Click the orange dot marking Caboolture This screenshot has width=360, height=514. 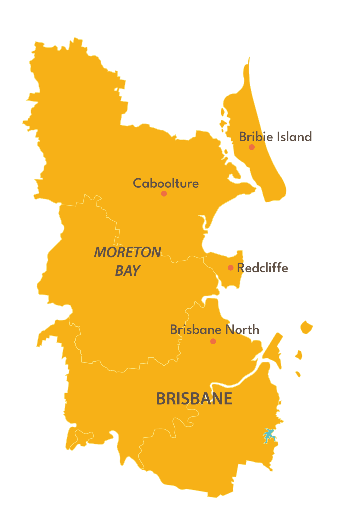(164, 193)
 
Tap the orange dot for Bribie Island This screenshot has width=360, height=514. (252, 147)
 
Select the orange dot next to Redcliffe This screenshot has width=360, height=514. (231, 267)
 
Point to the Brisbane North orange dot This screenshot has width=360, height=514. (213, 341)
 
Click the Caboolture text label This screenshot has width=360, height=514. (166, 183)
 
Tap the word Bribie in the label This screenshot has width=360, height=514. (256, 137)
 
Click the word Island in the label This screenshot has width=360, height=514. (294, 137)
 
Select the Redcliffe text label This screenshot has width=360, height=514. (263, 268)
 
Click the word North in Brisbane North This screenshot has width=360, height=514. (242, 330)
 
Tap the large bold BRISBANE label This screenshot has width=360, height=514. (194, 399)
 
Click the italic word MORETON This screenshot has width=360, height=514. (128, 252)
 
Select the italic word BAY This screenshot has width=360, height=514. (128, 271)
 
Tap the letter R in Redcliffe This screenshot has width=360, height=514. (241, 268)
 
